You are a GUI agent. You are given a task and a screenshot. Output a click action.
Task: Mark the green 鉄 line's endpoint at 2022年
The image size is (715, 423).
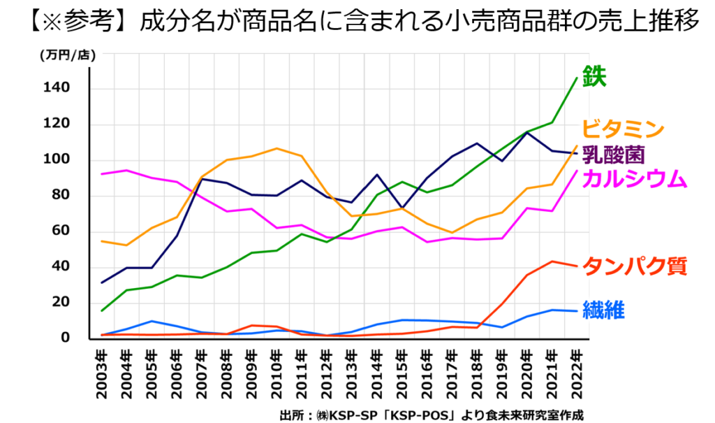(x=576, y=78)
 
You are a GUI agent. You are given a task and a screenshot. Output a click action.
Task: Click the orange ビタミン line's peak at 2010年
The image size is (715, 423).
(x=277, y=148)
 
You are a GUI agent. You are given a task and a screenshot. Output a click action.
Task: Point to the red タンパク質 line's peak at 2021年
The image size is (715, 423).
(x=552, y=261)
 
